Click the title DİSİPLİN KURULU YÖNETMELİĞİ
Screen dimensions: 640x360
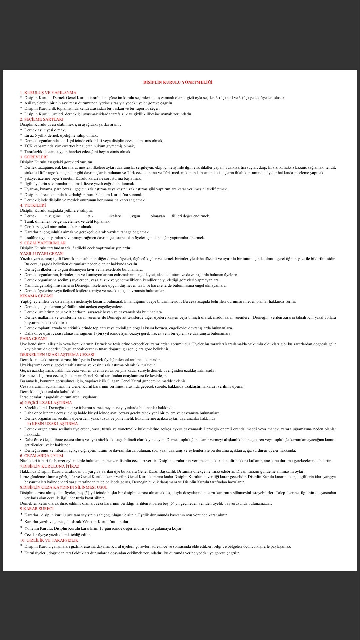(178, 82)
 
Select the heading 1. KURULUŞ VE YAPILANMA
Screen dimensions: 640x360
(48, 93)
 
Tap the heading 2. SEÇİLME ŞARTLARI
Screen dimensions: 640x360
(42, 119)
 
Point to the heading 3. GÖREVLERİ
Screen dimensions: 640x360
(34, 157)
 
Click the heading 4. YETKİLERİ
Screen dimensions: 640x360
(33, 205)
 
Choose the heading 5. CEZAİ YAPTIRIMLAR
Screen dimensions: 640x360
(43, 243)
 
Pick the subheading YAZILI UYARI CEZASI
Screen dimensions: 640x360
(42, 254)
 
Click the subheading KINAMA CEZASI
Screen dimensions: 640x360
(36, 296)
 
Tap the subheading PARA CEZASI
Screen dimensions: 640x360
(33, 339)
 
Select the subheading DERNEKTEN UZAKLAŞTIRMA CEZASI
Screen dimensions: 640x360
(57, 355)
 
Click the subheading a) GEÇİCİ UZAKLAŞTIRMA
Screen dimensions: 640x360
(46, 403)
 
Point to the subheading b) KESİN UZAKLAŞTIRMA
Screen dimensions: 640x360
(52, 424)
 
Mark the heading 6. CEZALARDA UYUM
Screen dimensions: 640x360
(41, 456)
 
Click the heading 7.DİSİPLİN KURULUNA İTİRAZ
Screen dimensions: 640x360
(50, 466)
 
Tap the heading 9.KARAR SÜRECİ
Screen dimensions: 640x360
(37, 509)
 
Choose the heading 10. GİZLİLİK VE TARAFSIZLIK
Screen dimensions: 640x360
(49, 540)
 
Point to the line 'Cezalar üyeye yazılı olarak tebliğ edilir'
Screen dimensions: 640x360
(58, 535)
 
